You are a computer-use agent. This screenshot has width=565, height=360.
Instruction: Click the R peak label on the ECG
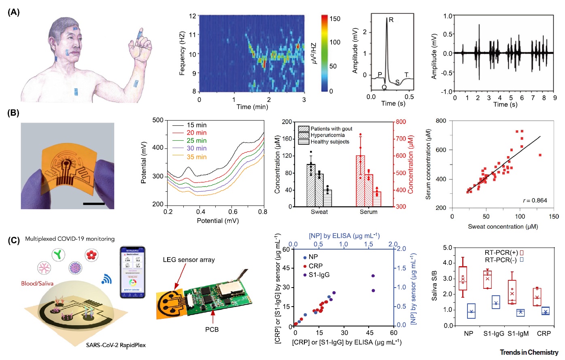(391, 20)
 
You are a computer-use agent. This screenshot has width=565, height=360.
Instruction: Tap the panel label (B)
(13, 113)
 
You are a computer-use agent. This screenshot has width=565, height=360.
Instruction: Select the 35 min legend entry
(197, 157)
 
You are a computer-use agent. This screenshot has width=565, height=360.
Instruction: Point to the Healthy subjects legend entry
(329, 142)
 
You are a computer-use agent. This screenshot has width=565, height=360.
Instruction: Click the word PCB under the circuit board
(212, 330)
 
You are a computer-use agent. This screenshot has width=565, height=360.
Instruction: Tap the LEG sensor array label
(189, 260)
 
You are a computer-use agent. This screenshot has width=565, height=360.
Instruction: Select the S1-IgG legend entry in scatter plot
(319, 275)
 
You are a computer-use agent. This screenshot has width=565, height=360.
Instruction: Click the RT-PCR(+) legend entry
(501, 252)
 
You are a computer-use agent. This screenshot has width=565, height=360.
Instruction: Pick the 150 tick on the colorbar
(335, 19)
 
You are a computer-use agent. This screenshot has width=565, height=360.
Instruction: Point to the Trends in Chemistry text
(529, 352)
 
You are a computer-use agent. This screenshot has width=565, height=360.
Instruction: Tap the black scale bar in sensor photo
(94, 203)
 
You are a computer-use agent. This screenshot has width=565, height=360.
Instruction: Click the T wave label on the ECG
(407, 75)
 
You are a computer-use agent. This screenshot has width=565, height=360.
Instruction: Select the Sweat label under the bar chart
(319, 212)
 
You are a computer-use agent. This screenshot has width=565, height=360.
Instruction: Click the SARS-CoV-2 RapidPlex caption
(116, 345)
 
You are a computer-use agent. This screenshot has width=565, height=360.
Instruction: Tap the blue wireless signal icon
(107, 279)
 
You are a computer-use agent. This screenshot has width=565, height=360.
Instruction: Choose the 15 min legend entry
(197, 125)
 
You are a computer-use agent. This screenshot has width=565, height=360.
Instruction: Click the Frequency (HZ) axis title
(182, 53)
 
